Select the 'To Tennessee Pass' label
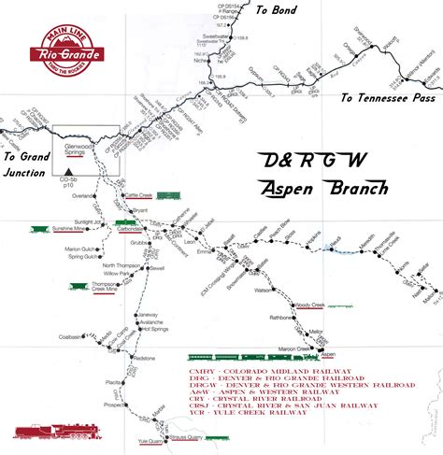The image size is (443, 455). click(x=387, y=97)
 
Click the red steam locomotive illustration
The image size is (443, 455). click(x=48, y=432)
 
